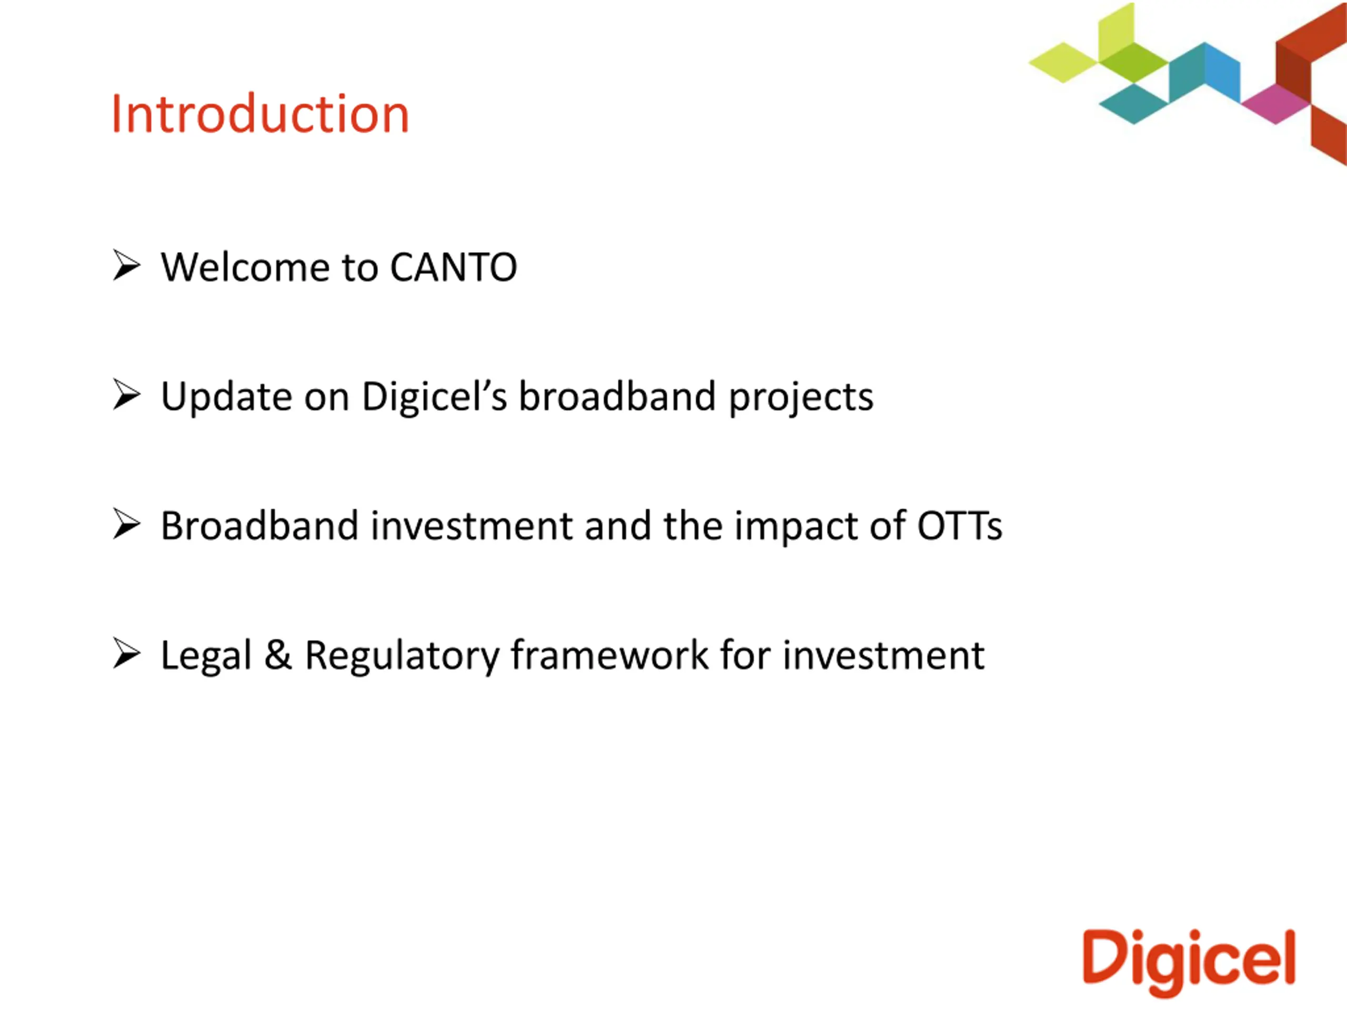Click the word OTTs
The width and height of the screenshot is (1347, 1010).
960,526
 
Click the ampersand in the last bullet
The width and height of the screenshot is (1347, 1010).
278,655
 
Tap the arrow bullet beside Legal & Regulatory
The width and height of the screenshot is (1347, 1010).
127,654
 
